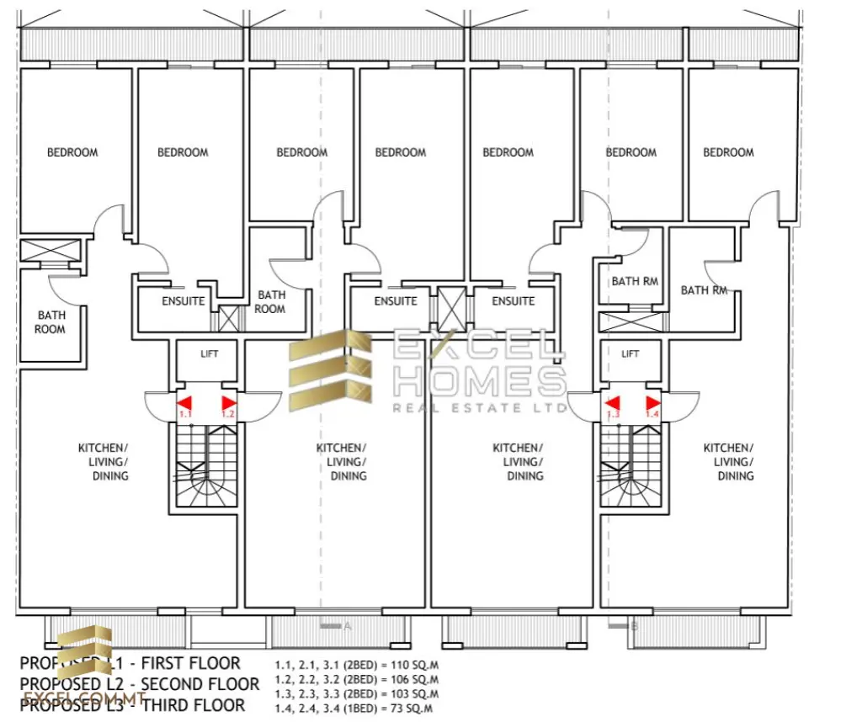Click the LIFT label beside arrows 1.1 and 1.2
tap(209, 354)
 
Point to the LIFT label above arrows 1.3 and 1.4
tap(630, 354)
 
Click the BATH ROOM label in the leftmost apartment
tap(50, 322)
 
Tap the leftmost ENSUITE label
tap(183, 301)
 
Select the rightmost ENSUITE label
tap(513, 301)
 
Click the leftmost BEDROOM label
tap(72, 152)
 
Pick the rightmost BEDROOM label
tap(728, 152)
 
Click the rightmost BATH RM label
tap(704, 290)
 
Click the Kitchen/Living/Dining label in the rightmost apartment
tap(728, 462)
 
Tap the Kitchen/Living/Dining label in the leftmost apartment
tap(103, 462)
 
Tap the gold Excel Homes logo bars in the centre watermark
tap(330, 370)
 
